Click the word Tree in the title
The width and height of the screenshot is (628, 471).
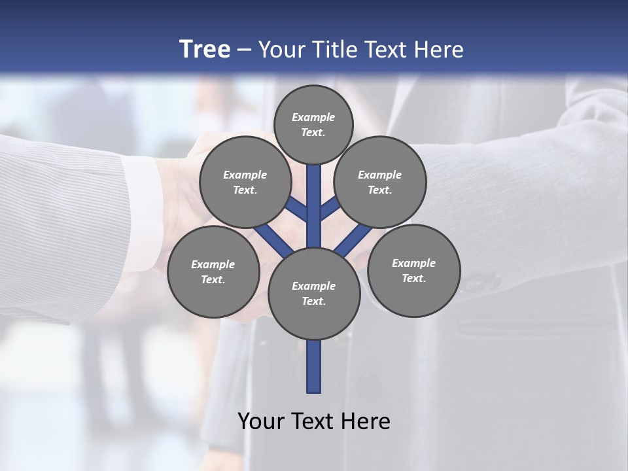[205, 50]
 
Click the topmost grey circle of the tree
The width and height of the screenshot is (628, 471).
[313, 124]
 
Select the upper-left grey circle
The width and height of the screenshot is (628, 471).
[245, 183]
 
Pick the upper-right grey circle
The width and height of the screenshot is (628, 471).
[380, 183]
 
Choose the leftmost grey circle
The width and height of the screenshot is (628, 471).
[213, 271]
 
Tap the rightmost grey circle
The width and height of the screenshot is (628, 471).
[413, 270]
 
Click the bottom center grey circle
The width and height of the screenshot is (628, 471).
[314, 294]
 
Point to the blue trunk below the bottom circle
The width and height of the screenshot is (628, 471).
[314, 366]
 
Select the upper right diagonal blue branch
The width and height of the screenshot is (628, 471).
[330, 207]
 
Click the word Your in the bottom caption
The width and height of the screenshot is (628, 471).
[260, 421]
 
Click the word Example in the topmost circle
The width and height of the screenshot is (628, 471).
[313, 118]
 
